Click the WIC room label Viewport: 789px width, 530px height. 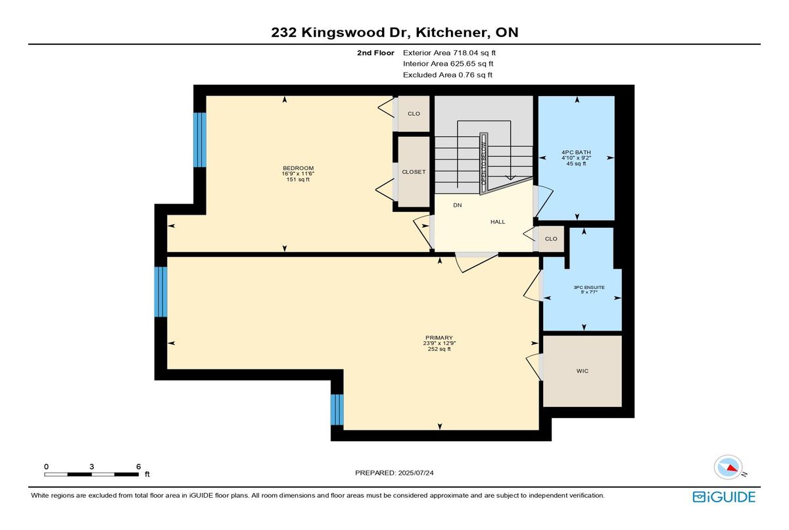pyautogui.click(x=583, y=371)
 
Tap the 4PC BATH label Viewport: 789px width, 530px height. pyautogui.click(x=576, y=152)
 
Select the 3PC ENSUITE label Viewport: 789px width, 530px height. pyautogui.click(x=589, y=288)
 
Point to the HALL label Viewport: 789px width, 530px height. pyautogui.click(x=498, y=222)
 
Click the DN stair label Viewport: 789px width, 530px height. pyautogui.click(x=458, y=205)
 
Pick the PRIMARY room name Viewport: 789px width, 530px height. pyautogui.click(x=439, y=338)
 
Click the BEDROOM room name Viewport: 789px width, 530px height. pyautogui.click(x=298, y=168)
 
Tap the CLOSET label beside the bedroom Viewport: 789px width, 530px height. pyautogui.click(x=414, y=172)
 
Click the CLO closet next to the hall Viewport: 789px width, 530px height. pyautogui.click(x=551, y=239)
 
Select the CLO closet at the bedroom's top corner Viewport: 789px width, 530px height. pyautogui.click(x=414, y=113)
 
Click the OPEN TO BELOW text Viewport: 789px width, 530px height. pyautogui.click(x=484, y=163)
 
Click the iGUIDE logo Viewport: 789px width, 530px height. pyautogui.click(x=724, y=497)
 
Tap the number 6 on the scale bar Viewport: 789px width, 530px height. pyautogui.click(x=139, y=467)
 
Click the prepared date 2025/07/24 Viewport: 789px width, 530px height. pyautogui.click(x=416, y=473)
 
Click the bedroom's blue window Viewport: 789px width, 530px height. pyautogui.click(x=200, y=140)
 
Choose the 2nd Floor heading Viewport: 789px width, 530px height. pyautogui.click(x=375, y=53)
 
